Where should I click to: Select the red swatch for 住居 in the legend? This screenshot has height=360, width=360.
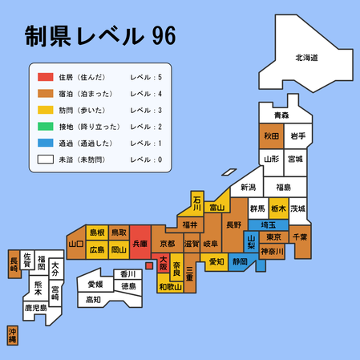coord(45,78)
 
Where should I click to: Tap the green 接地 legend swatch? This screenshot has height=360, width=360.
coord(45,127)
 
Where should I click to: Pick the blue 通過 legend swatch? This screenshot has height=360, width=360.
coord(45,143)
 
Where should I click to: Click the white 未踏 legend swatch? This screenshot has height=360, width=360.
coord(45,160)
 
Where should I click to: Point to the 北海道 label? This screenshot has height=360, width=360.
coord(306,58)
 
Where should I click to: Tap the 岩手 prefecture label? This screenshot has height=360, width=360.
coord(297,136)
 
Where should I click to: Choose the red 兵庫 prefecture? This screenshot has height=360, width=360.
coord(140,242)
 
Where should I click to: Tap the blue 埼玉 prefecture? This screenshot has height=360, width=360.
coord(278,224)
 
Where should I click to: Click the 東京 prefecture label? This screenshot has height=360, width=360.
coord(273,237)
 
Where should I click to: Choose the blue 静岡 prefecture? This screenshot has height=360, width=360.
coord(239,261)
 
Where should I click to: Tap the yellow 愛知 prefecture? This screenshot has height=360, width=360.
coord(216,261)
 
